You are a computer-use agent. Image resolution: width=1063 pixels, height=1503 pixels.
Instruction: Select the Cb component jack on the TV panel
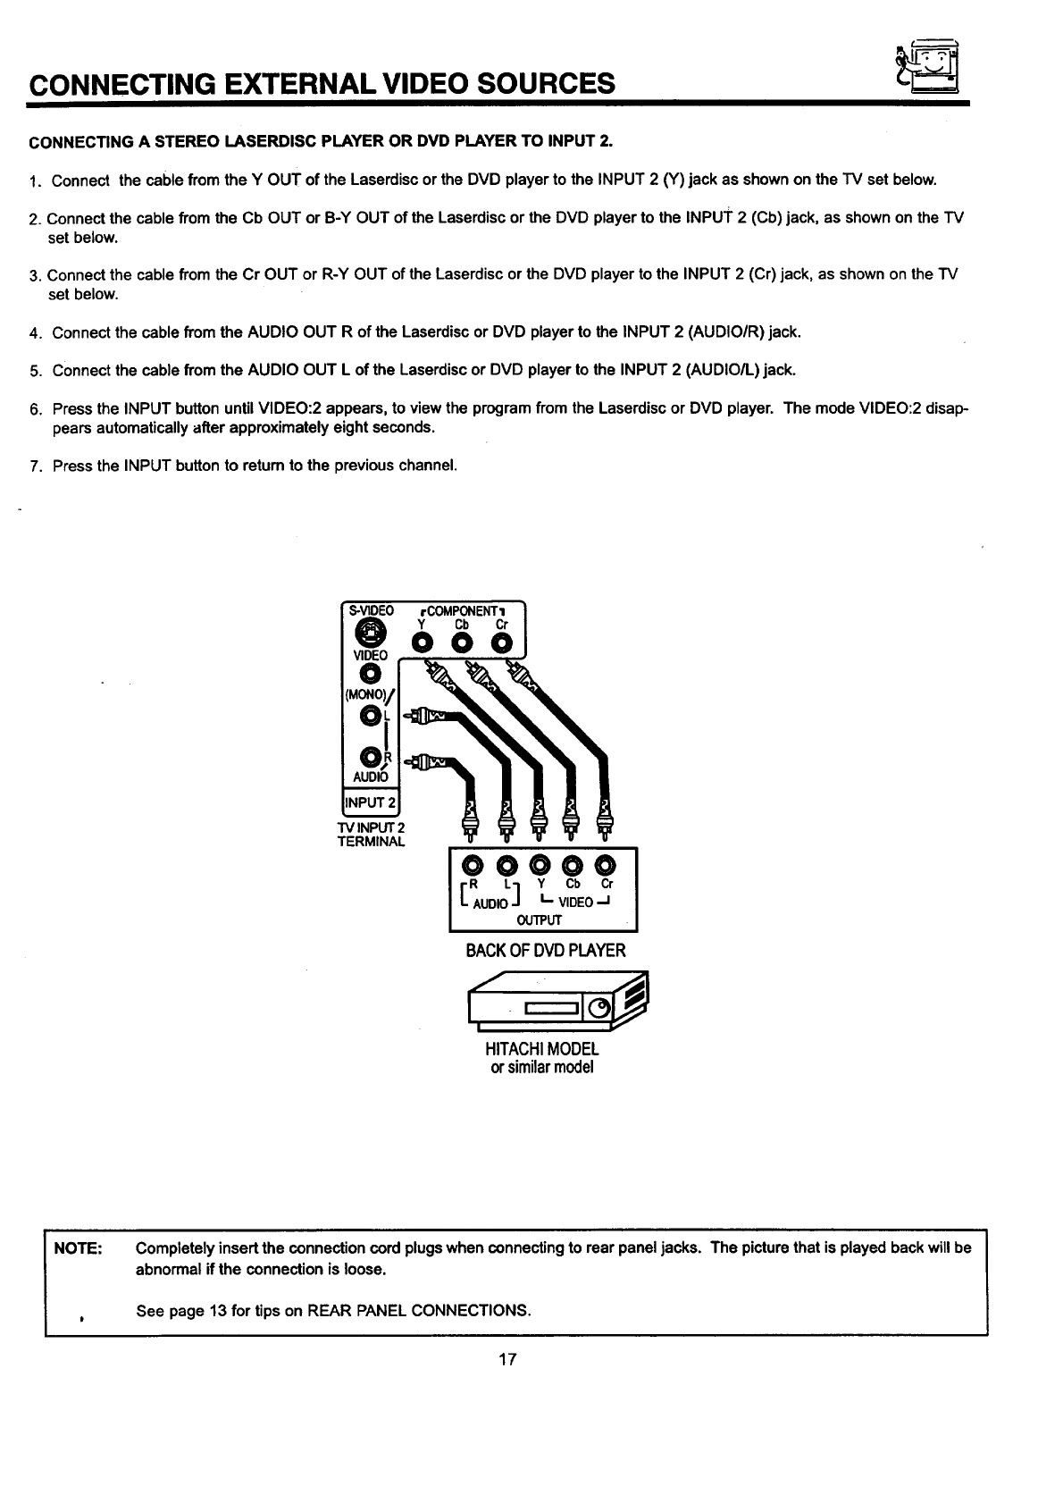[x=463, y=643]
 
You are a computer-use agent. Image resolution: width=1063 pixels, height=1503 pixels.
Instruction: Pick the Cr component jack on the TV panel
[x=502, y=643]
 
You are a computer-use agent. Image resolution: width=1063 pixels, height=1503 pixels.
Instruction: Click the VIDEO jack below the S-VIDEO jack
[x=367, y=673]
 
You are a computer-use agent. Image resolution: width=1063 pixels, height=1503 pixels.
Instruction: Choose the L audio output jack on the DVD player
[x=506, y=865]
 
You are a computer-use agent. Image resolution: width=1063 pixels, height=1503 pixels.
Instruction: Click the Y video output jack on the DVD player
[x=540, y=865]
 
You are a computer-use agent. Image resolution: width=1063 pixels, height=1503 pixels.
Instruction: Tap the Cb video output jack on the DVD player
[x=573, y=865]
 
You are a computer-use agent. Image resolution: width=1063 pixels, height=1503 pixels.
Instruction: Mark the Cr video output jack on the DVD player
[x=606, y=865]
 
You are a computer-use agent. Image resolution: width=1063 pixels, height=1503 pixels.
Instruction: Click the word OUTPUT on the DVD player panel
[x=540, y=919]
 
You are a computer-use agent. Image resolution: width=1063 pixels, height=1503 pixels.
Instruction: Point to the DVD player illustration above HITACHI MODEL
[x=557, y=1001]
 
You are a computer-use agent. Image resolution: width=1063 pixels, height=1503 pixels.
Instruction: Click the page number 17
[x=507, y=1361]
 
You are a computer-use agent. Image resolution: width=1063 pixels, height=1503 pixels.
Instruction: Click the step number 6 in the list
[x=35, y=410]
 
